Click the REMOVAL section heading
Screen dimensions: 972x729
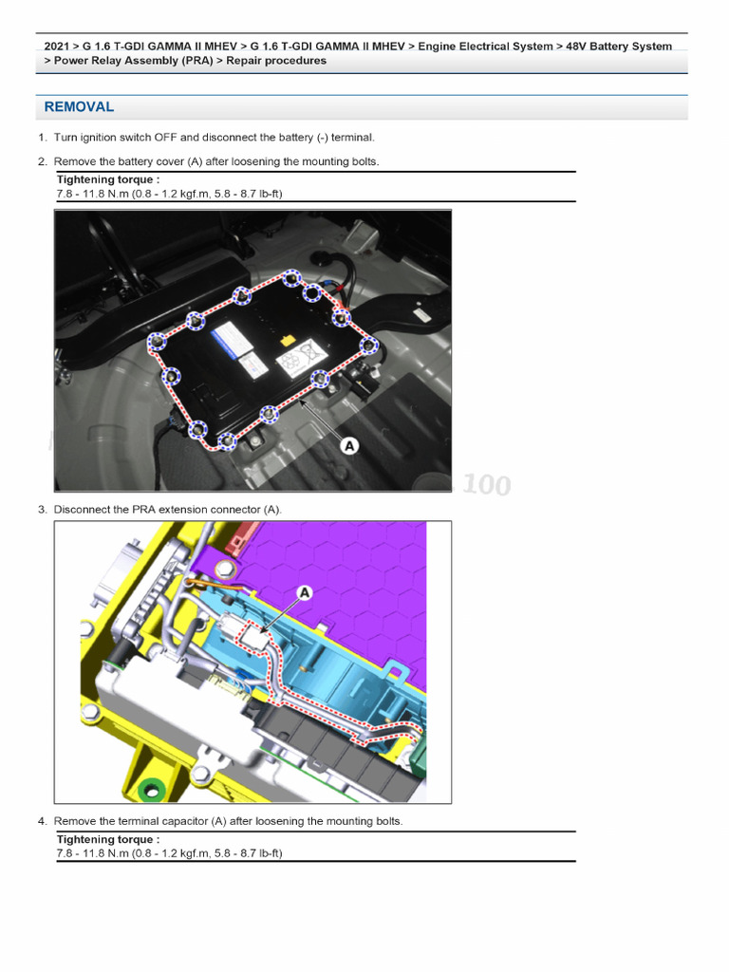click(79, 107)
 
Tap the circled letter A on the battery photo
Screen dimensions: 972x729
click(349, 444)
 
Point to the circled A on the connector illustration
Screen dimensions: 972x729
click(305, 592)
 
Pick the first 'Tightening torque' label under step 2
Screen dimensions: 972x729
click(108, 179)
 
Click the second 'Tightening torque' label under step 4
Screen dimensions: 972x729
click(108, 840)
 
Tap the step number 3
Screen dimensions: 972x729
click(42, 510)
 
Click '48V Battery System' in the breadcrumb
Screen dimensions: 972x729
click(619, 46)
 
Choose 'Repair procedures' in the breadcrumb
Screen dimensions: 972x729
click(276, 61)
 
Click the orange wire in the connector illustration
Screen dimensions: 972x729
click(195, 586)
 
